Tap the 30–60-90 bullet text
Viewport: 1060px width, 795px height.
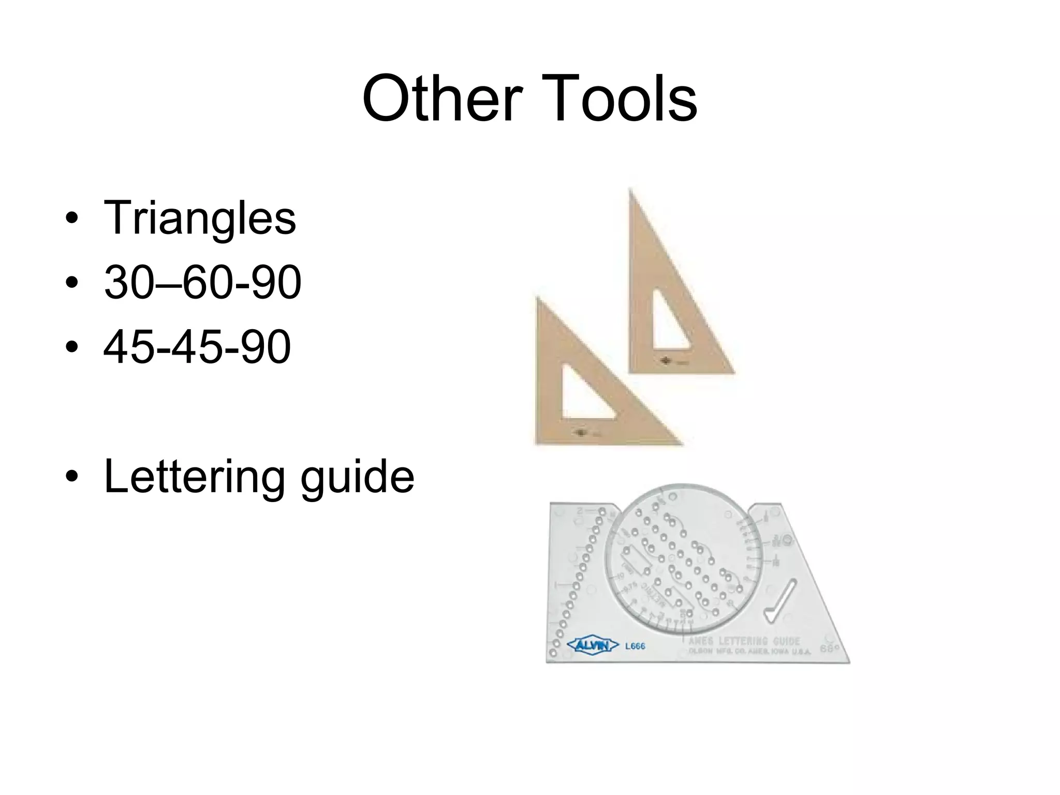point(202,283)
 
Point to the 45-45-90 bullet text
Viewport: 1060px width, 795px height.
point(197,347)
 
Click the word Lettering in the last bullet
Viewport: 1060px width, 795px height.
point(194,477)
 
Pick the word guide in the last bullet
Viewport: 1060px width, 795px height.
point(357,477)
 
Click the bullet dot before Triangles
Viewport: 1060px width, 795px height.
point(72,218)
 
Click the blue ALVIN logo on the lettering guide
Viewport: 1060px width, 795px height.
point(593,645)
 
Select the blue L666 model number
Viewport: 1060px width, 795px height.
point(636,646)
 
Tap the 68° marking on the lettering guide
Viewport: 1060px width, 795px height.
point(828,648)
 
